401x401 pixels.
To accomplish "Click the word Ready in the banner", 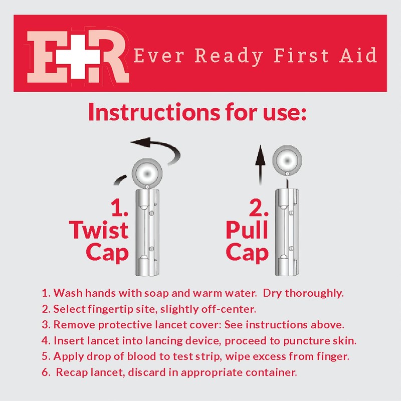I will (x=229, y=56).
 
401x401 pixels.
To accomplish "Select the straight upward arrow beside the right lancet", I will (x=259, y=166).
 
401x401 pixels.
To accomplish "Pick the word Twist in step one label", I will (x=99, y=231).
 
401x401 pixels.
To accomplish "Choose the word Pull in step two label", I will (x=247, y=231).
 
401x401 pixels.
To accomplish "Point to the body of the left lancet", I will (x=146, y=231).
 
